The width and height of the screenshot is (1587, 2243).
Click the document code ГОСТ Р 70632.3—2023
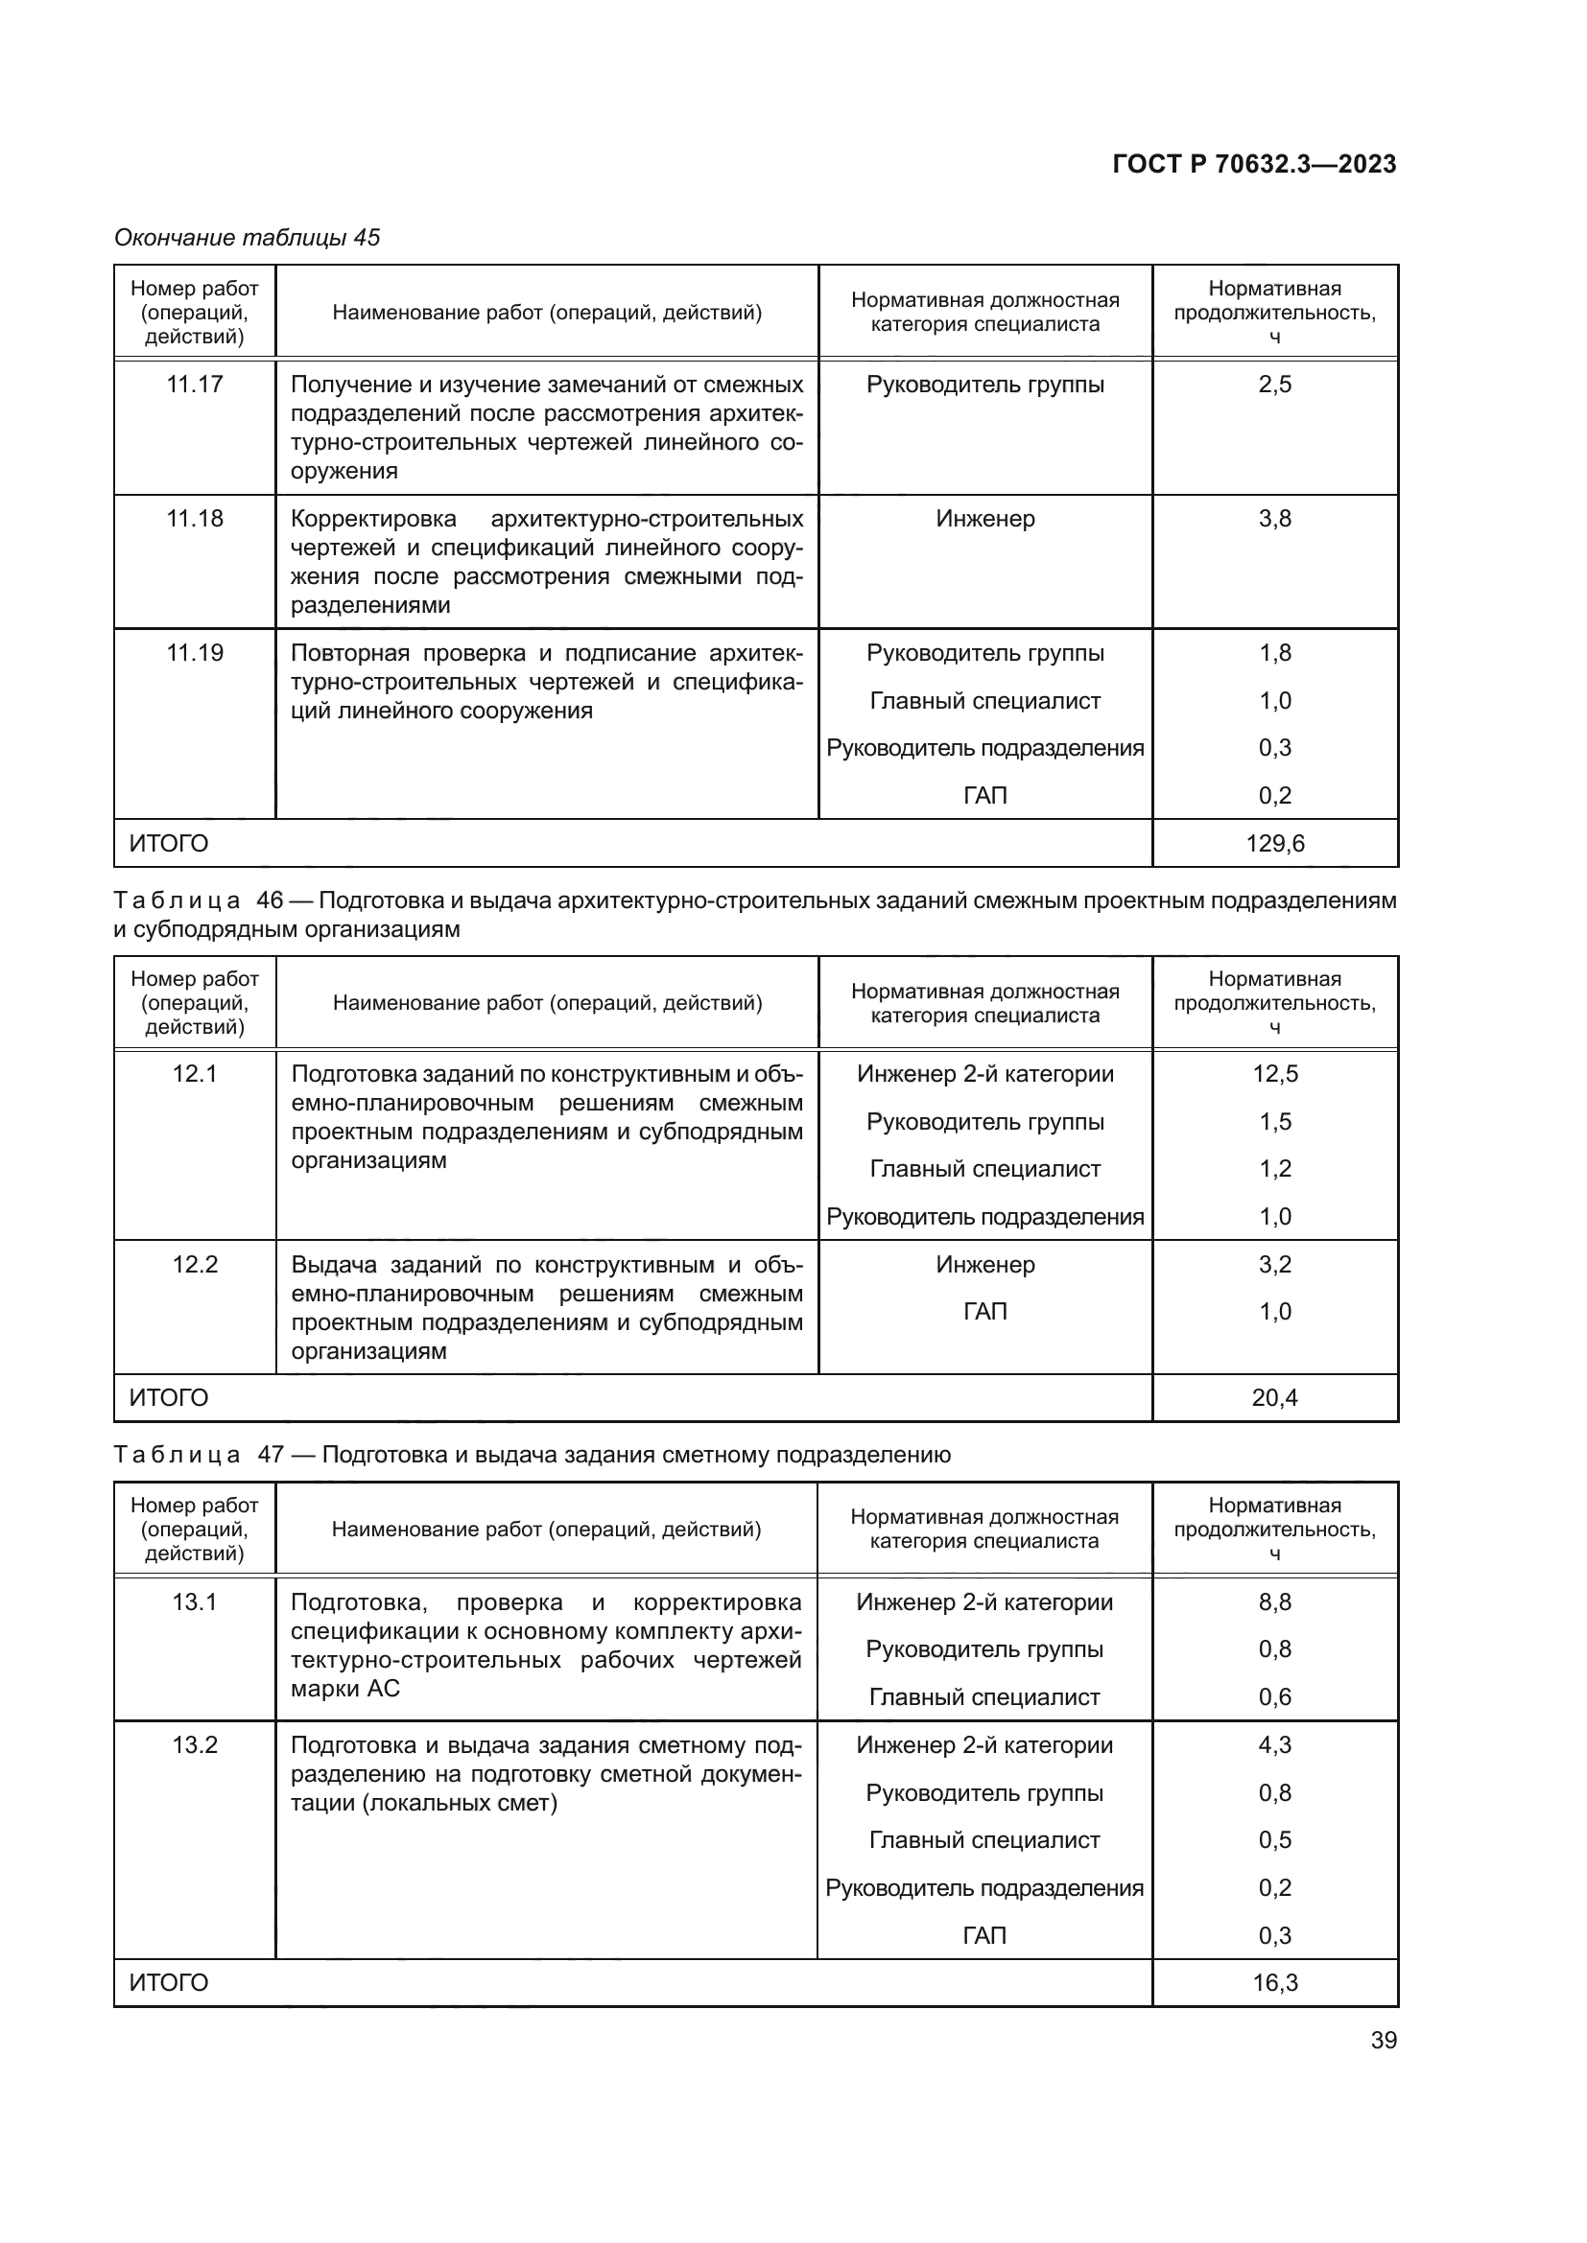(1254, 164)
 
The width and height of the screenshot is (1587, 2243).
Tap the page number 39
(1383, 2040)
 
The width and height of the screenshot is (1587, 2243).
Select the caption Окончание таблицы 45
(248, 238)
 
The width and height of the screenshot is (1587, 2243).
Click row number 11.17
(195, 384)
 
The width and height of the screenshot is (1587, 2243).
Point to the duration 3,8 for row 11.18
(1274, 518)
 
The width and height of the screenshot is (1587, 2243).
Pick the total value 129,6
(1274, 843)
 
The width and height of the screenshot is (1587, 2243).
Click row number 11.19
(195, 653)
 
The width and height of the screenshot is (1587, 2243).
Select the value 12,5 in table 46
(1274, 1074)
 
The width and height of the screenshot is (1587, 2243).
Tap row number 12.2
(195, 1264)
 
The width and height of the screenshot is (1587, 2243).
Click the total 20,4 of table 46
(1274, 1398)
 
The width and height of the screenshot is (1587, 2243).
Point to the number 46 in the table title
(269, 900)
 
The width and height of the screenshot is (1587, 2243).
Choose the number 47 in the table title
(271, 1455)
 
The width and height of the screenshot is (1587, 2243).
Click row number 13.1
(195, 1602)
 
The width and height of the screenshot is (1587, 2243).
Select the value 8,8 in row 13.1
(1274, 1602)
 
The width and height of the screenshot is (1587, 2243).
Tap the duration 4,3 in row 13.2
(1274, 1744)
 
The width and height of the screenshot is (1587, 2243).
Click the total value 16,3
(1274, 1982)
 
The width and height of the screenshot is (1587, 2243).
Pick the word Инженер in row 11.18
(985, 518)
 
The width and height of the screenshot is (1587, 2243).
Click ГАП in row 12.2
(985, 1312)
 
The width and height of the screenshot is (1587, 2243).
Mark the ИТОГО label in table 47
(169, 1982)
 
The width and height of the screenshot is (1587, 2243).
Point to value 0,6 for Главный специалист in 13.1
(1274, 1697)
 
